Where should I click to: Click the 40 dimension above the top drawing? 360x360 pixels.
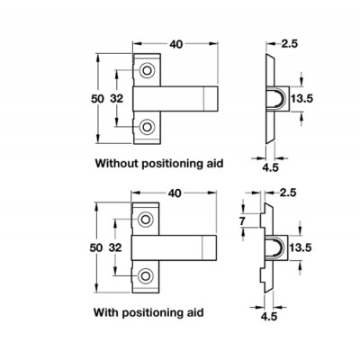pos(176,44)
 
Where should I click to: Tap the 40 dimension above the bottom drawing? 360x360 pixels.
pos(175,193)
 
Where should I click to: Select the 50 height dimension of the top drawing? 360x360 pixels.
pos(97,98)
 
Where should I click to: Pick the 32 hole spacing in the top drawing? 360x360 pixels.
pos(116,98)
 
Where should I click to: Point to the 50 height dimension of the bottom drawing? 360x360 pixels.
pos(96,247)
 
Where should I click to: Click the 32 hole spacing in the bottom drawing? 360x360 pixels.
pos(115,247)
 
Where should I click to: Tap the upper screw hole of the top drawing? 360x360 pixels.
pos(147,71)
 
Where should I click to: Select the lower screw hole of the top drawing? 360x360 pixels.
pos(147,127)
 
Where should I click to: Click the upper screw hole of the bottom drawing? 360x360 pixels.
pos(146,220)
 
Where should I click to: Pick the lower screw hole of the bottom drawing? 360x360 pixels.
pos(146,276)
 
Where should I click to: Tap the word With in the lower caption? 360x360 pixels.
pos(106,312)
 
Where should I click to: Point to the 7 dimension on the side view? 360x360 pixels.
pos(242,221)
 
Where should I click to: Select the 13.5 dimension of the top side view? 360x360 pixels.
pos(302,98)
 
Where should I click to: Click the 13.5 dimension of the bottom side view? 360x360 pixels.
pos(301,247)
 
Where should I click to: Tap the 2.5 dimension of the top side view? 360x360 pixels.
pos(290,44)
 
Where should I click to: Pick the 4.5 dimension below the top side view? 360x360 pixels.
pos(270,167)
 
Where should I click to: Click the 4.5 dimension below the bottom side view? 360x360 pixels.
pos(269,317)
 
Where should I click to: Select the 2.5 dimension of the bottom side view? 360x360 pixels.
pos(288,193)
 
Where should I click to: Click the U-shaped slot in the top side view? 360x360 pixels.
pos(274,88)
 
